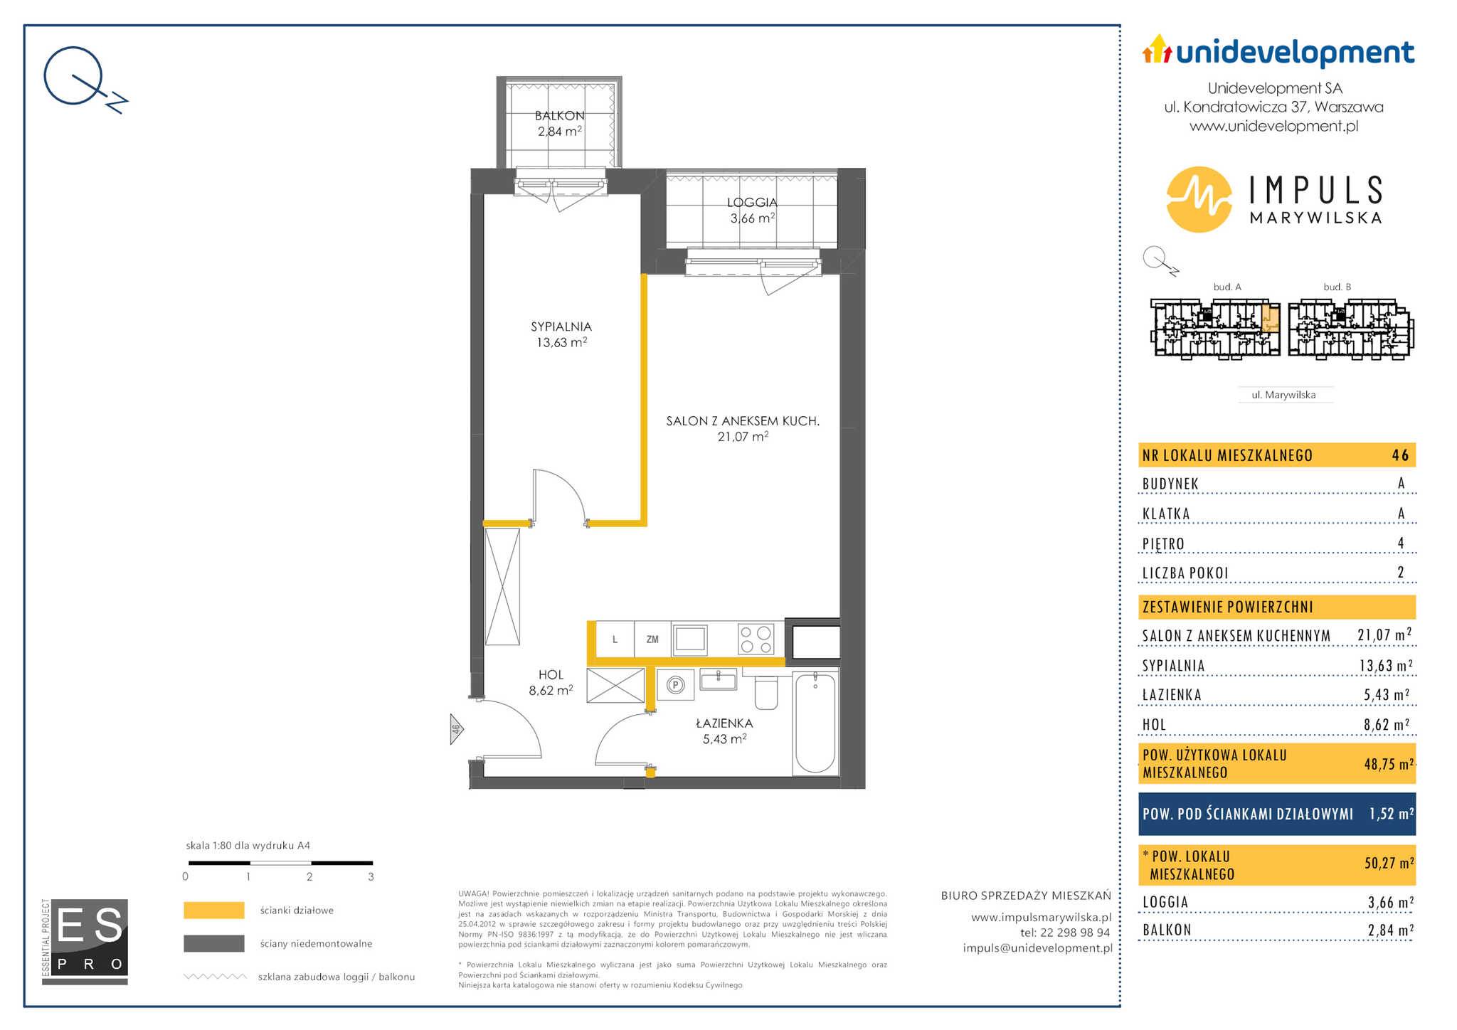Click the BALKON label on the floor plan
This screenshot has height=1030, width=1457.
560,115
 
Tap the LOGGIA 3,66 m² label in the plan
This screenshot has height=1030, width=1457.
752,211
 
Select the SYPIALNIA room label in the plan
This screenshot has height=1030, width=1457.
561,326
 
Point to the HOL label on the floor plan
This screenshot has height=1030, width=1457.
551,674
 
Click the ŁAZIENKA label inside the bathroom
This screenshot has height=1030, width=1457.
724,723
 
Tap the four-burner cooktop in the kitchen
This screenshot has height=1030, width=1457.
756,639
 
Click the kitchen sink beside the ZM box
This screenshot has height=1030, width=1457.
690,639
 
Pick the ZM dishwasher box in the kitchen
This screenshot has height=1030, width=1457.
652,639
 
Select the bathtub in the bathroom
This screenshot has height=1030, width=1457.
815,722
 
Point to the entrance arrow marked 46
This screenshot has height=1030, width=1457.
457,729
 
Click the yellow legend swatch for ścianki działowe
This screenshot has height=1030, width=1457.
214,910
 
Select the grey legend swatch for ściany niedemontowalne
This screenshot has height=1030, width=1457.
214,943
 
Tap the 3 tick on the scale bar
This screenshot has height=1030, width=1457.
371,876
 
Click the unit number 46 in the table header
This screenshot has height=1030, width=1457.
1400,455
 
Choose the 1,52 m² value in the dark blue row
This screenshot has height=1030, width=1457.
1392,814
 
